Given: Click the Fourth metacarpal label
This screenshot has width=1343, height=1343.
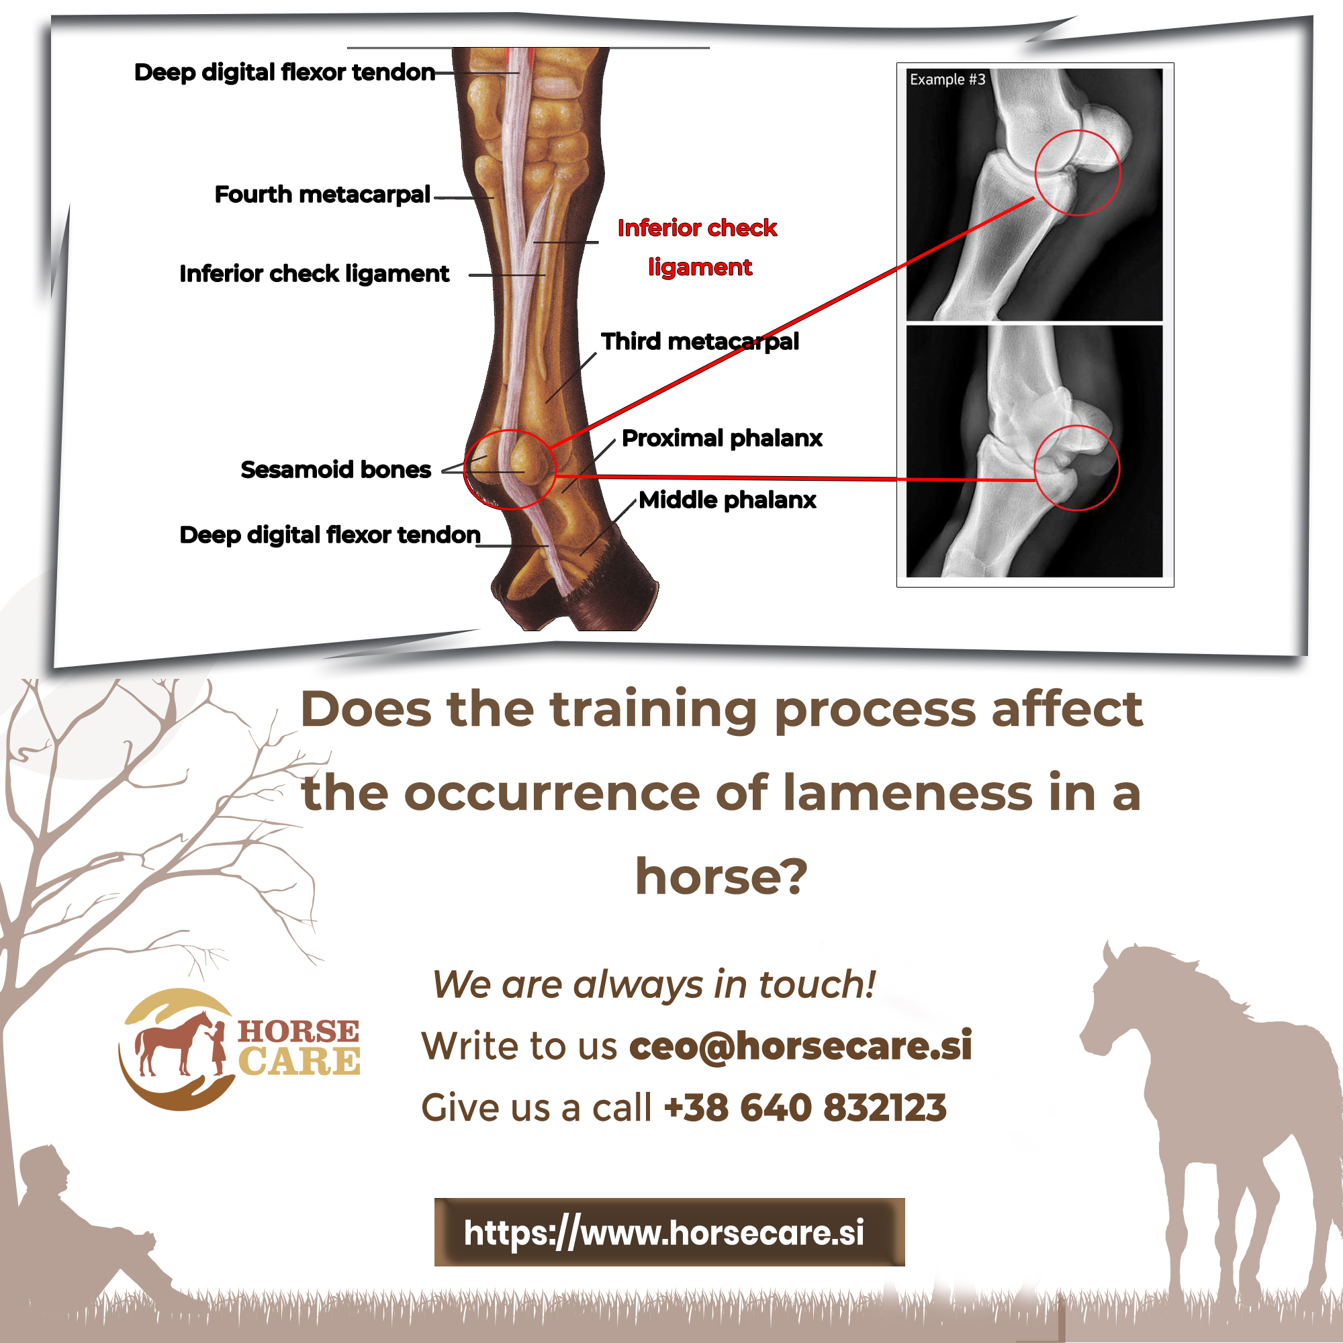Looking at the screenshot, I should coord(322,195).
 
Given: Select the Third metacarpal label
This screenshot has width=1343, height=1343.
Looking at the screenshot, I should coord(699,341).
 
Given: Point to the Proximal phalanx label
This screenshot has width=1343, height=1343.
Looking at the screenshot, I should coord(722,438).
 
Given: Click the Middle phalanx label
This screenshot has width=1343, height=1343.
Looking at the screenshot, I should coord(727,500).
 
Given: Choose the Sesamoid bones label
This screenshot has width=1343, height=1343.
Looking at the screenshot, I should coord(336,470).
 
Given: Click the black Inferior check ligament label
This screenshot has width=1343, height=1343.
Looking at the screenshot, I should coord(314,274).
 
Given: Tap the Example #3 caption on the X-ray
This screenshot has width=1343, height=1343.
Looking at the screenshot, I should coord(947,80).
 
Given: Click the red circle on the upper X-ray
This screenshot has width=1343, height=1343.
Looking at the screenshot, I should coord(1078,173).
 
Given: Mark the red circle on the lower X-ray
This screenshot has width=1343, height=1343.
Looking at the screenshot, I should coord(1077,468).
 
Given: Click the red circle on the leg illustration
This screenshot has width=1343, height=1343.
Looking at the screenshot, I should coord(510,470).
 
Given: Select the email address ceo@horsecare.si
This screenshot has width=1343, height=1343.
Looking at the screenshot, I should coord(800,1046).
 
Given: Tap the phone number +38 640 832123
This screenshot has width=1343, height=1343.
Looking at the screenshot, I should coord(805,1108).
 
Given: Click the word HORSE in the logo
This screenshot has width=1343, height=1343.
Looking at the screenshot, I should coord(298,1031).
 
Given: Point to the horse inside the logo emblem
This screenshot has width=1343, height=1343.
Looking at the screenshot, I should coord(171,1043).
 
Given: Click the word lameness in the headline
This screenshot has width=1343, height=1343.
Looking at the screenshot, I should coord(907,793).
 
